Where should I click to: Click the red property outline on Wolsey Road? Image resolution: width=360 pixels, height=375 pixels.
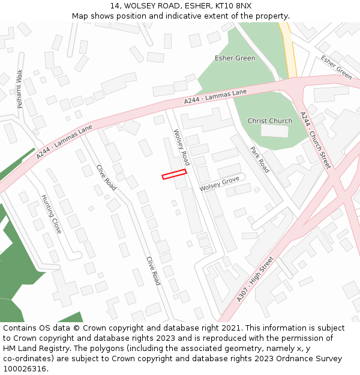pos(174,174)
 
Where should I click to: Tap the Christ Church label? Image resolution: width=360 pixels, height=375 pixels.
pos(269,121)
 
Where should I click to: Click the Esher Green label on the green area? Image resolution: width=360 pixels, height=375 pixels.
pos(235,58)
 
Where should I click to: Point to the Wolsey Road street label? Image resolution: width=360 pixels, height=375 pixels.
pos(181,148)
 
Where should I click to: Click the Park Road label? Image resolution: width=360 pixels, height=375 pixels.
pos(260,160)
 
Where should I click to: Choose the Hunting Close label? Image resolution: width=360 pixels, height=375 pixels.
pos(51,214)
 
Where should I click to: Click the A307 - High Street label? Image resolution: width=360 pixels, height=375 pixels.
pos(255,279)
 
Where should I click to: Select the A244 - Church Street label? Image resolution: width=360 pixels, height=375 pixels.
pos(315,139)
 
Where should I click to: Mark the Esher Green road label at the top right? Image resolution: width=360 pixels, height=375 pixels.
pos(336,67)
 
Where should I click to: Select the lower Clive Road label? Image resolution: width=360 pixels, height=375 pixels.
pos(154,271)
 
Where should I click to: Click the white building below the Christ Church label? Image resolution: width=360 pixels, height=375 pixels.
pos(274,131)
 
